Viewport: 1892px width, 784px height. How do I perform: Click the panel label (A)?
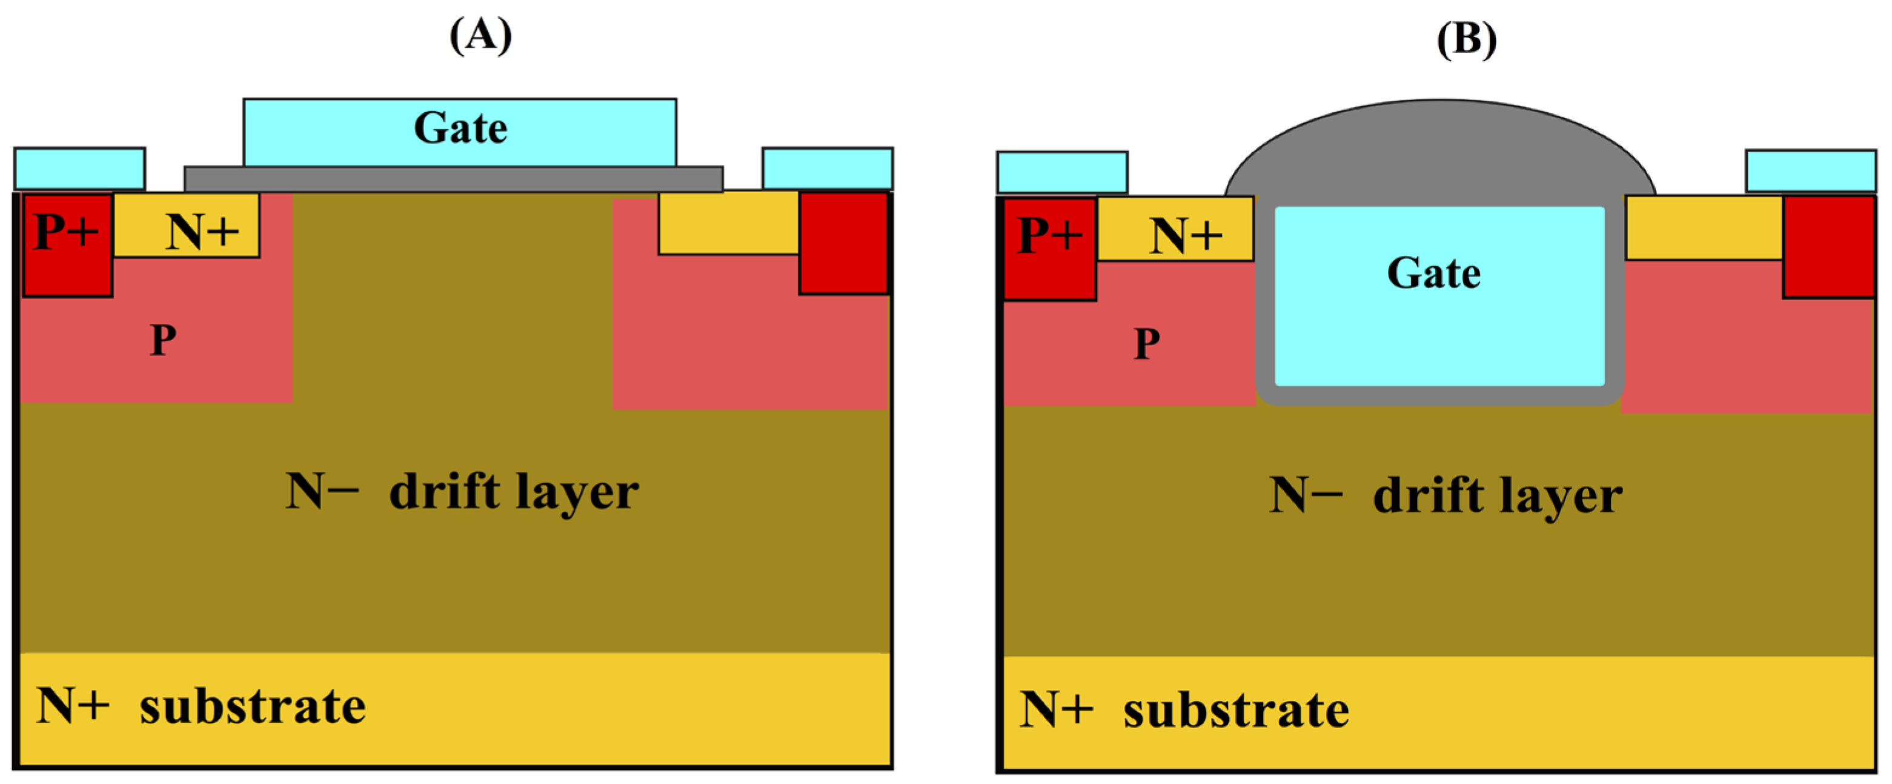tap(480, 35)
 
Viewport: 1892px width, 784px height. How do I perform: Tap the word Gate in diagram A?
tap(460, 129)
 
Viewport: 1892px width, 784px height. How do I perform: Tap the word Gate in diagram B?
tap(1433, 273)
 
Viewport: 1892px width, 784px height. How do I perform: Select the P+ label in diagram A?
tap(66, 232)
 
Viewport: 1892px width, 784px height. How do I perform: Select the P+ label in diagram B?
tap(1049, 235)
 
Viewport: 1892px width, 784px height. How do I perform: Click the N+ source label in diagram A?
tap(202, 232)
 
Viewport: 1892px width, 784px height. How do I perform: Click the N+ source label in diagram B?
tap(1186, 236)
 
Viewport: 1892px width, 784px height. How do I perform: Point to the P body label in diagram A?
tap(163, 340)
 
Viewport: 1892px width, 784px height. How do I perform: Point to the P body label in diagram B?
tap(1146, 344)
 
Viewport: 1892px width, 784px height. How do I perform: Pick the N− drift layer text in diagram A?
tap(462, 492)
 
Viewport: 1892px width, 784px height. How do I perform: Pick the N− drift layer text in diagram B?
tap(1446, 495)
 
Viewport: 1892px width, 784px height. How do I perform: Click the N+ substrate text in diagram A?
tap(201, 706)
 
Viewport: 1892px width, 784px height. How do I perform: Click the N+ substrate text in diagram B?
tap(1184, 710)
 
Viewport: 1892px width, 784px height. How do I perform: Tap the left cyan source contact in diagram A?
tap(79, 169)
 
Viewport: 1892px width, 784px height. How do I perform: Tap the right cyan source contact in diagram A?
tap(827, 169)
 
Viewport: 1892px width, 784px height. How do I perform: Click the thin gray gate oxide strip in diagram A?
tap(453, 178)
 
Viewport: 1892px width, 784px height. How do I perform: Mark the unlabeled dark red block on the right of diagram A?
tap(843, 243)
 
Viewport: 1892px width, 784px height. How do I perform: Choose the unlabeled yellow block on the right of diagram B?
tap(1704, 228)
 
